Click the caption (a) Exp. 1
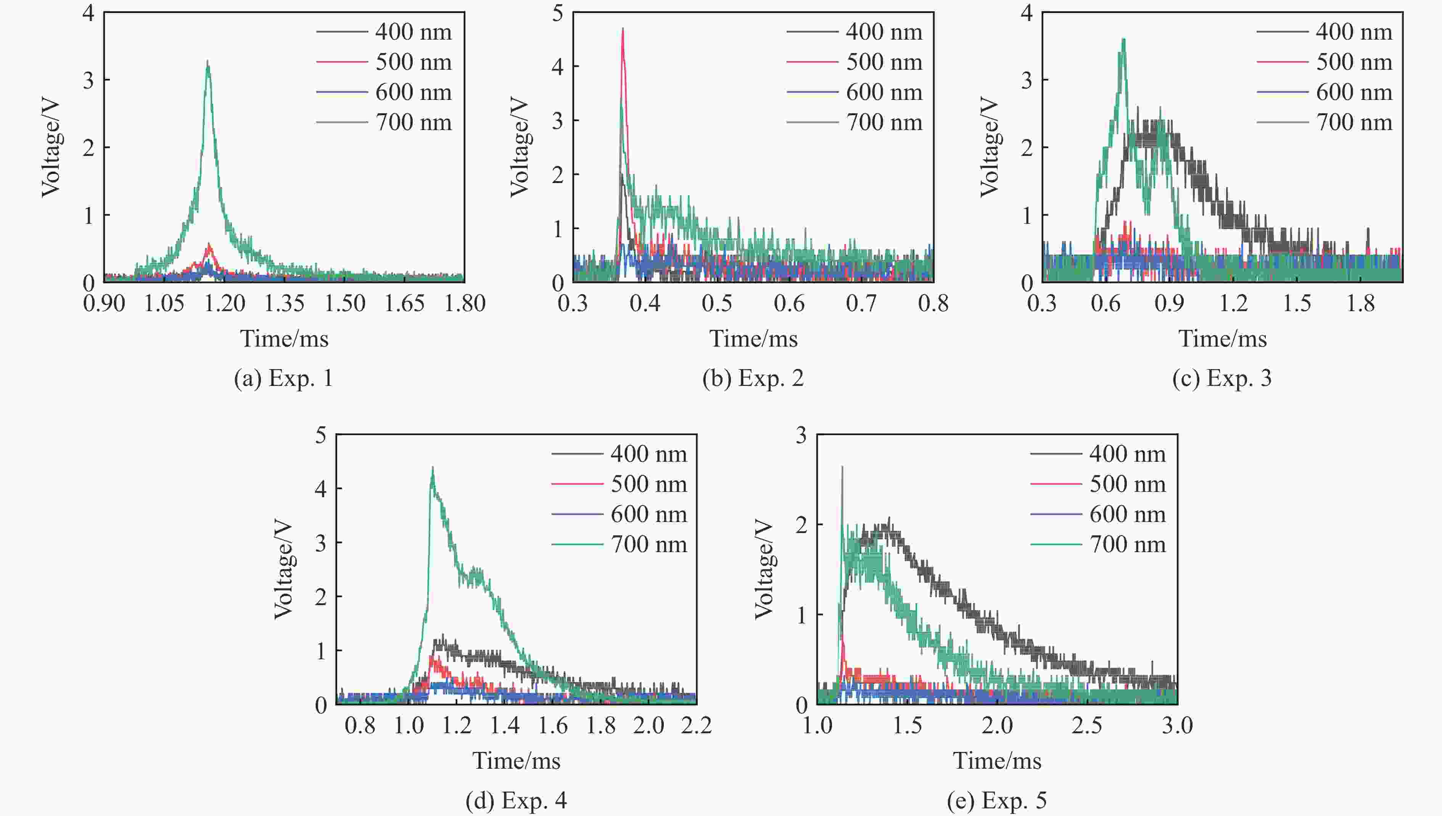coord(284,379)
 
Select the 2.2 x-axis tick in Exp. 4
coord(696,726)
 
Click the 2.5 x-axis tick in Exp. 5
coord(1086,726)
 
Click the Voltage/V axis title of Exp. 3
coord(989,147)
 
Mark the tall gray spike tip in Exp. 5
coord(842,466)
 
